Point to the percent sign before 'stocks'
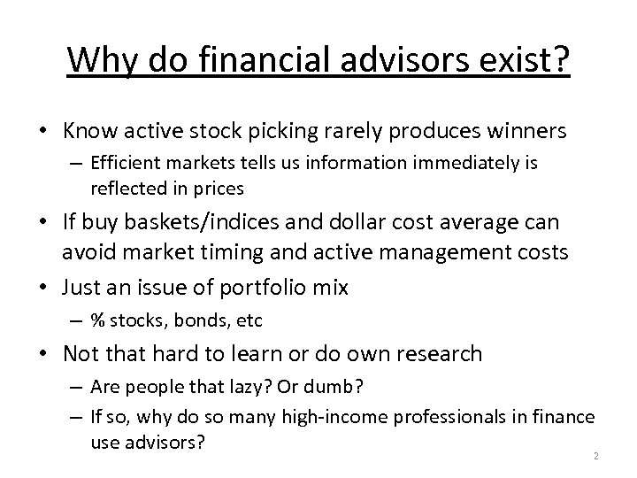[96, 320]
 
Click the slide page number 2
[597, 455]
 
